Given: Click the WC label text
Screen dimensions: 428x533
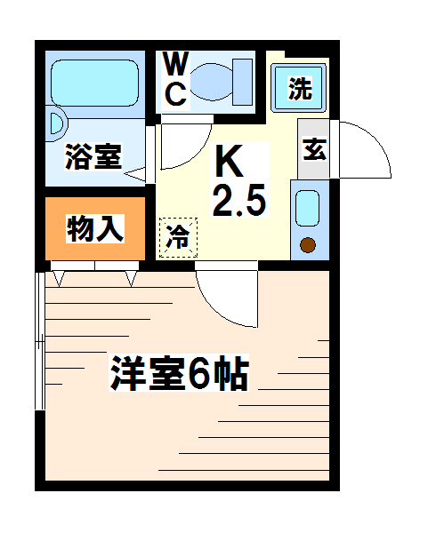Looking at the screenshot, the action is (175, 79).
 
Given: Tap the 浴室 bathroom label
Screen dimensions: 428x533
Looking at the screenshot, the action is (93, 156).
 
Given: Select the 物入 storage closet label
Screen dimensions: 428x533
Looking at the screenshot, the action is (95, 228).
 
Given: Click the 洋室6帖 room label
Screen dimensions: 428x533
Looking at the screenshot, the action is (179, 373).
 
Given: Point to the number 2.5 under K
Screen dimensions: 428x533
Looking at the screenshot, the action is (239, 201).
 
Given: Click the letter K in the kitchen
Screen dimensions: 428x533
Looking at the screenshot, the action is (230, 160).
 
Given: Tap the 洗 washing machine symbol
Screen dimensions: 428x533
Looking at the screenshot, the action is (298, 88).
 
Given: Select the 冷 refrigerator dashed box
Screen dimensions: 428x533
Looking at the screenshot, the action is (178, 237).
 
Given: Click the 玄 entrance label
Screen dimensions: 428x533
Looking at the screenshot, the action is (315, 149).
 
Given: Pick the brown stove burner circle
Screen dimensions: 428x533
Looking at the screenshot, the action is (308, 245).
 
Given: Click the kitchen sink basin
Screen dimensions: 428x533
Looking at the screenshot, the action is (308, 208).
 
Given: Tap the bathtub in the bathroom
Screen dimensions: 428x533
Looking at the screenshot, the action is (94, 83).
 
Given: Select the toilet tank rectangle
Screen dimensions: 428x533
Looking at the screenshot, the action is (242, 82).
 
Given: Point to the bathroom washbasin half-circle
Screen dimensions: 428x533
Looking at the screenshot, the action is (57, 123).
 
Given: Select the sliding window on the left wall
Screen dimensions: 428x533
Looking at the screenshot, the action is (40, 340).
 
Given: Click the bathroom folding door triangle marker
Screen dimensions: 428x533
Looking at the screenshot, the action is (135, 174).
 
